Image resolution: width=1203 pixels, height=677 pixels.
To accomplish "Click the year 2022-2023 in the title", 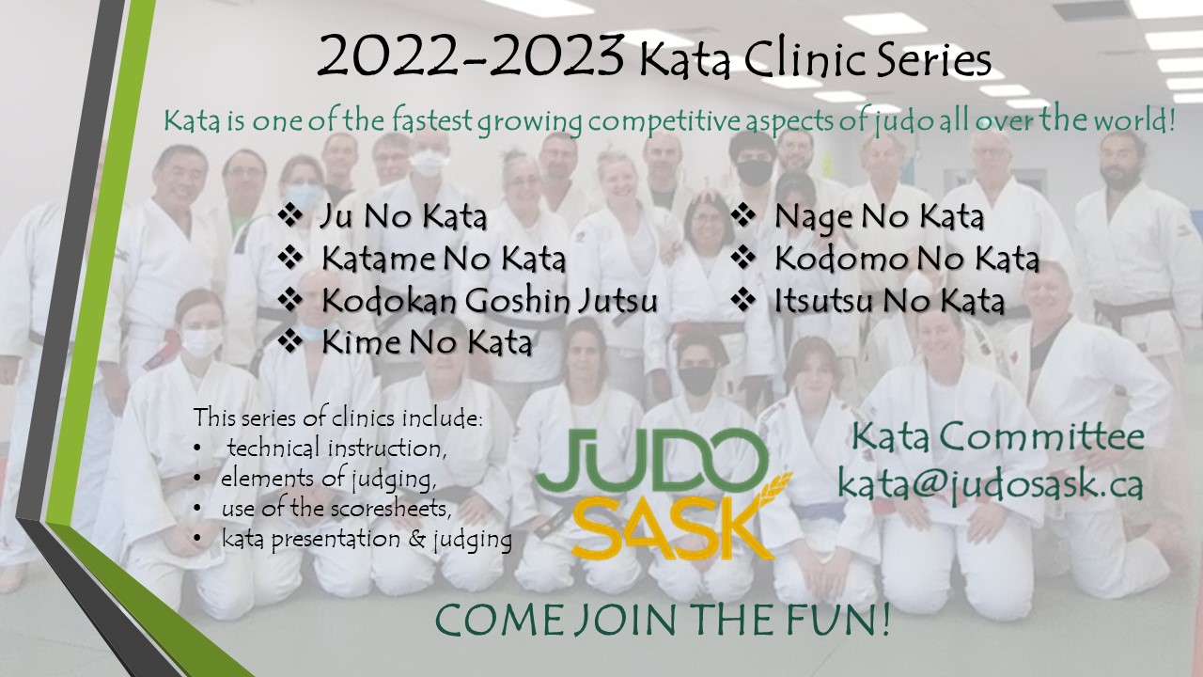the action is [471, 55].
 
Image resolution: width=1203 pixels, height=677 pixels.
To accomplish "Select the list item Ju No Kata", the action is [403, 216].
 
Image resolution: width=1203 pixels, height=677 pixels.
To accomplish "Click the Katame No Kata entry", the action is [444, 259].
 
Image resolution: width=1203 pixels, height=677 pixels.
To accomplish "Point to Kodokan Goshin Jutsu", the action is [490, 301].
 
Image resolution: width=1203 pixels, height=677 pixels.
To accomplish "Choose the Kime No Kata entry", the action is [427, 342].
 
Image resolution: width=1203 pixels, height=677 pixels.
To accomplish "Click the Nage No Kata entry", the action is [879, 217].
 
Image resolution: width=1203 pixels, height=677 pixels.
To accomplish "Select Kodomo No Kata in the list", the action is [907, 259].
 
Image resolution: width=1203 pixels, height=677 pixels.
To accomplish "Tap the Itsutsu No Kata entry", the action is [889, 301].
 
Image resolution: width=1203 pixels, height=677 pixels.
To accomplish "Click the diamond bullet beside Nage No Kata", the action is [743, 215].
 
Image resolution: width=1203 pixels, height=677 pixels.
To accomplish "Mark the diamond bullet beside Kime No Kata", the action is [290, 341].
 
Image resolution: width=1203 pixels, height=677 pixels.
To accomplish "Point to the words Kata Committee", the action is [998, 437].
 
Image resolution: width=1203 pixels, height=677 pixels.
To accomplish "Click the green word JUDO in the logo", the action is [652, 460].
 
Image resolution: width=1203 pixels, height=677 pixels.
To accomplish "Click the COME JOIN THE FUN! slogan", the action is [663, 620].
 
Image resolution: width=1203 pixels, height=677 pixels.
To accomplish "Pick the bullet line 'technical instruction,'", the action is [336, 449].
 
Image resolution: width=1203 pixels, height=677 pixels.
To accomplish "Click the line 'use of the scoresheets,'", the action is [336, 509].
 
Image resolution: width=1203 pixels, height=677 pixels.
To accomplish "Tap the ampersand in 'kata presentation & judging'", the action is [416, 539].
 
